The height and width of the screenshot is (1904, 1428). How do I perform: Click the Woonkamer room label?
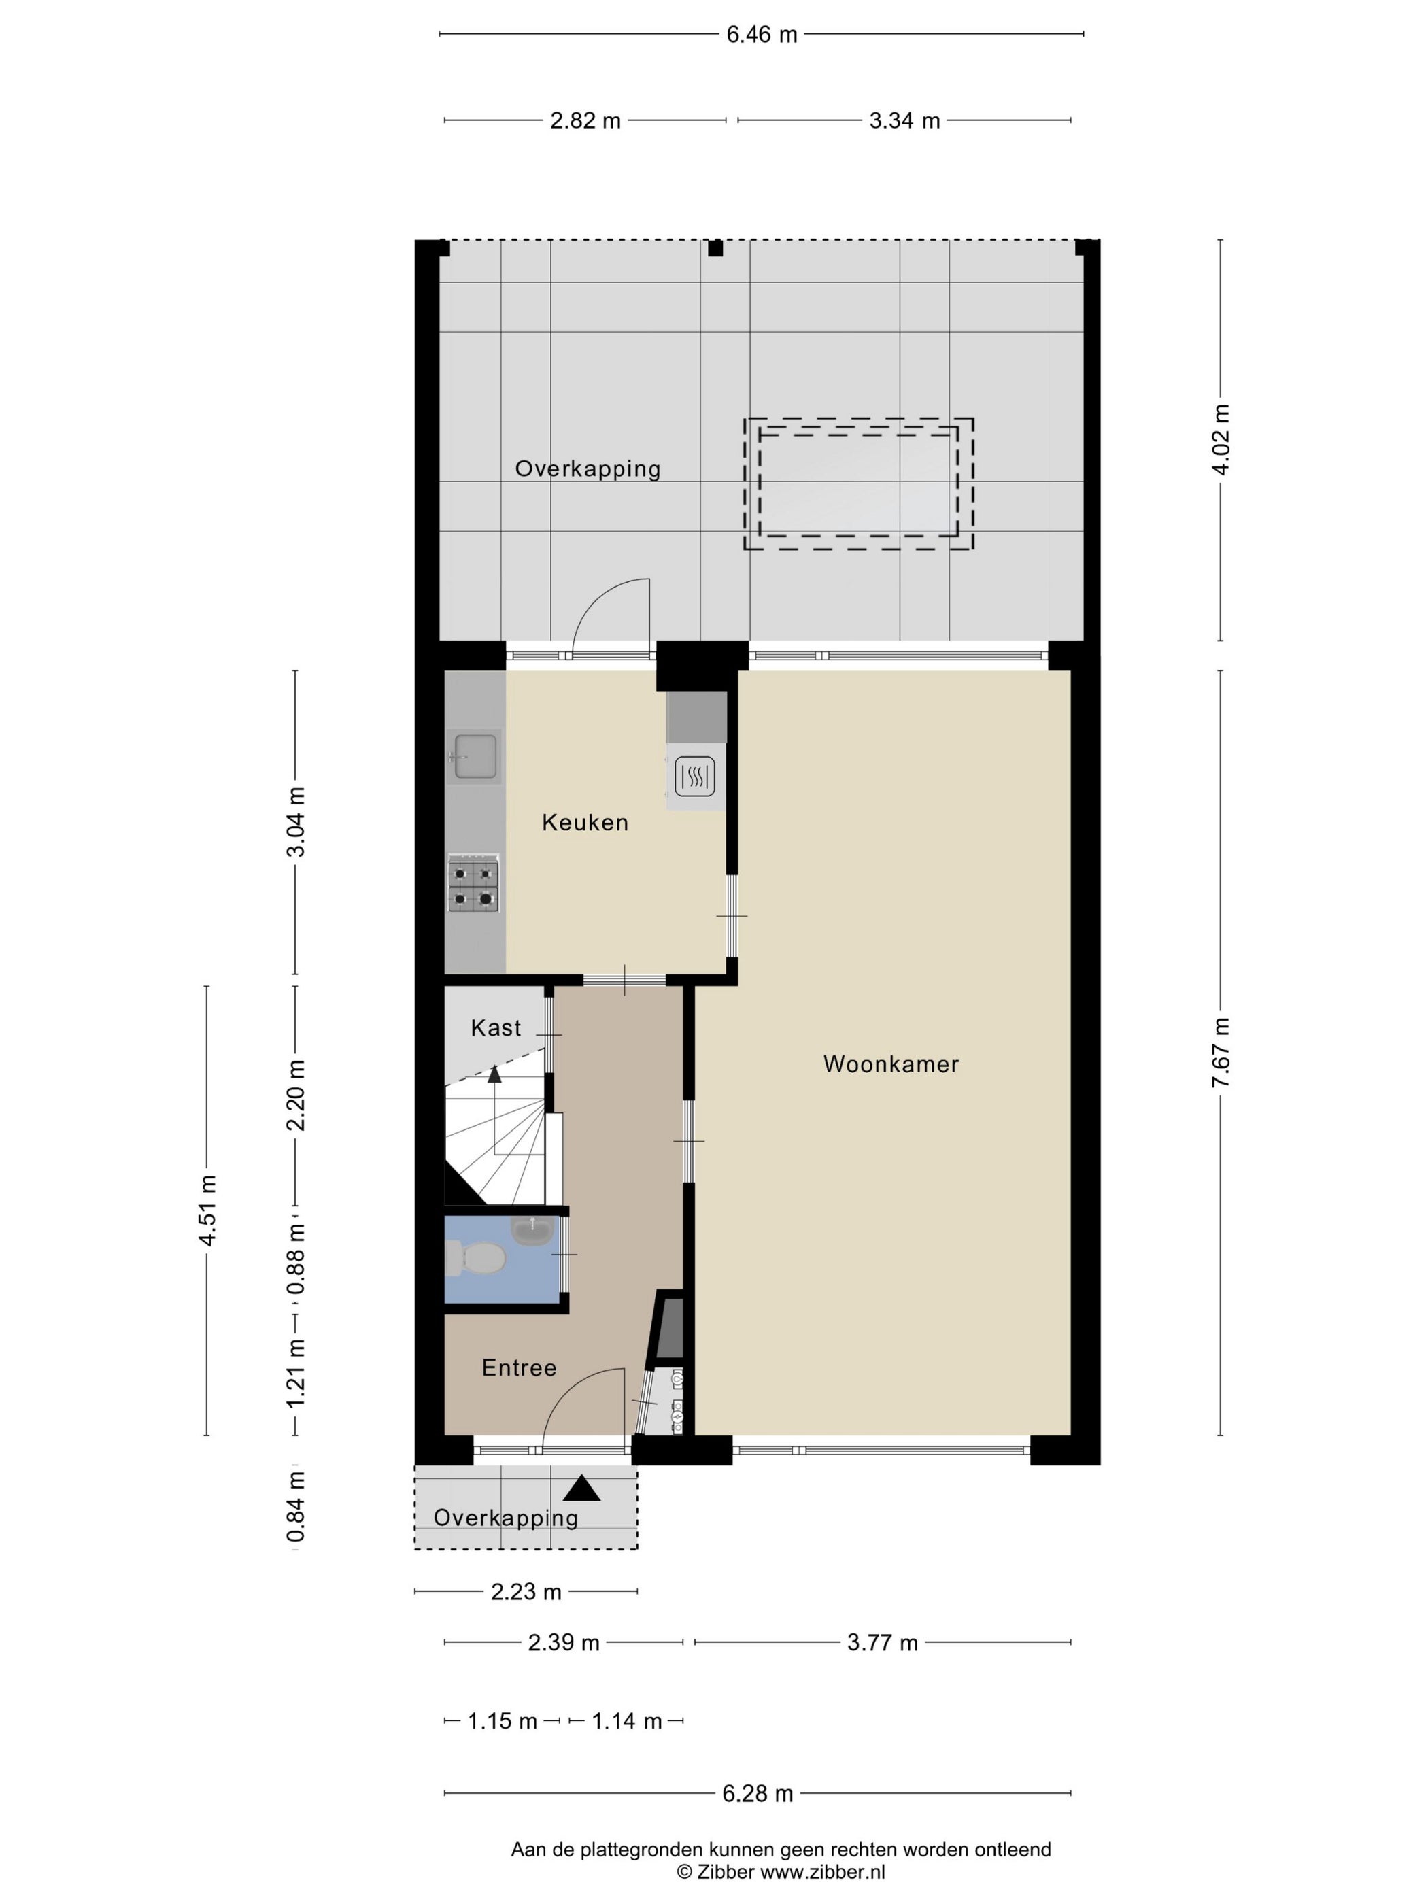coord(890,1064)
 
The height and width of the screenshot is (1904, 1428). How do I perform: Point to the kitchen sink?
coord(473,757)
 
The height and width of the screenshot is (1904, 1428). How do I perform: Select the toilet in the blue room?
coord(479,1259)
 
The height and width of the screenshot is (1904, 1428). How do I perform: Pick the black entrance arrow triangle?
coord(582,1489)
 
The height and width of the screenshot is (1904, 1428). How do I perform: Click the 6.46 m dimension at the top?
coord(761,35)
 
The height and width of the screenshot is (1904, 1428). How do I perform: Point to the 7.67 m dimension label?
coord(1220,1052)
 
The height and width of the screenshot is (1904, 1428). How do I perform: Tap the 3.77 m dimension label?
coord(882,1642)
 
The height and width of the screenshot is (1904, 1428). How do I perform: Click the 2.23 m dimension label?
coord(526,1593)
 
